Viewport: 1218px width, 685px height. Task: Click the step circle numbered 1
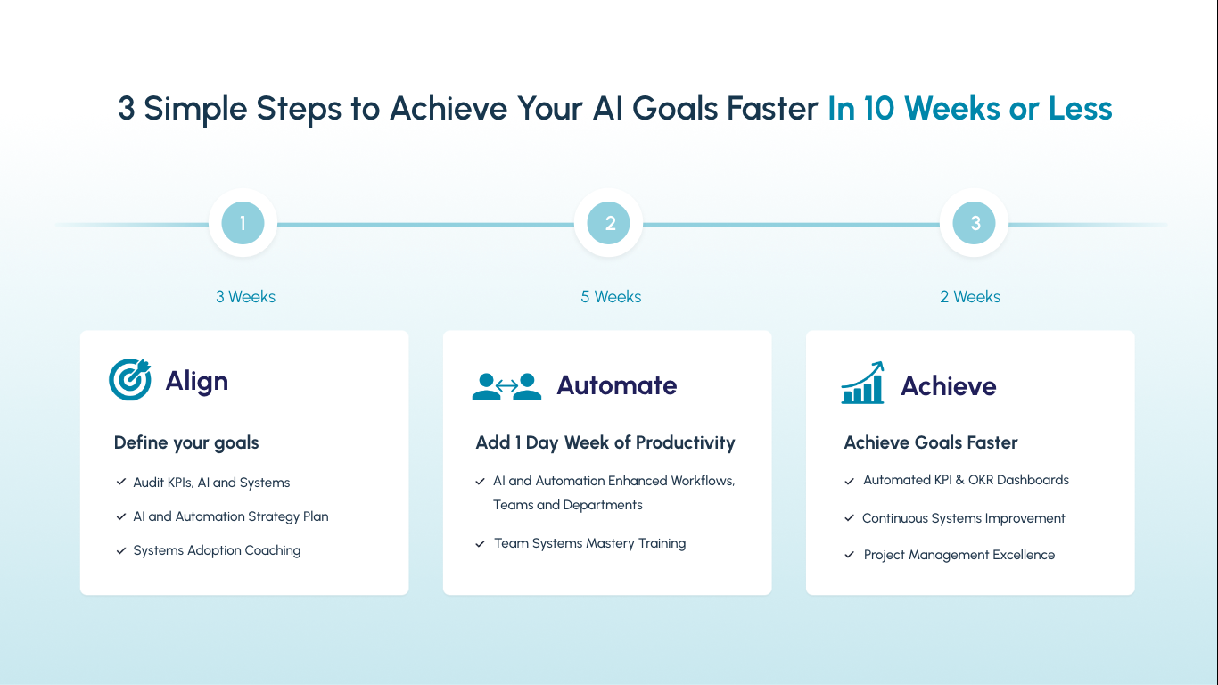[x=243, y=223]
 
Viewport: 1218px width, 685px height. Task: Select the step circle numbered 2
[x=608, y=223]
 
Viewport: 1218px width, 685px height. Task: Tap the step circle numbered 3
[x=974, y=223]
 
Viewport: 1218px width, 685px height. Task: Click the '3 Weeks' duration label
[x=245, y=296]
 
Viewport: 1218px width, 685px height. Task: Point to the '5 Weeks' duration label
[x=611, y=296]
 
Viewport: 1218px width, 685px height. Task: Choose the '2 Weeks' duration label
[x=970, y=296]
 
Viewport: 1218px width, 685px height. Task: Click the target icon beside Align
[x=130, y=379]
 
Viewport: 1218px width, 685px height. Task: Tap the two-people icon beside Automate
[x=506, y=386]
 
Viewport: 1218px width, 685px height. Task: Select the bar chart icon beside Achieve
[x=862, y=383]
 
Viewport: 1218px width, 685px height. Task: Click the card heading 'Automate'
[x=617, y=385]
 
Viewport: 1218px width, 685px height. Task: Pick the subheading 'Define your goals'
[x=186, y=443]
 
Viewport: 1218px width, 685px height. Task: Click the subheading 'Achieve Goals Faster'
[x=930, y=442]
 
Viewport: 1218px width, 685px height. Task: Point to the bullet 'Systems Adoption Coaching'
[x=217, y=550]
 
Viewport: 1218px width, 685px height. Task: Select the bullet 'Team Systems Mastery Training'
[x=590, y=543]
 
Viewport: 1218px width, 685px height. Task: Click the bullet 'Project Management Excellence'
[x=959, y=555]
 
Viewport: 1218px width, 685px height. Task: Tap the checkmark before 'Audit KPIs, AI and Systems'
[x=121, y=482]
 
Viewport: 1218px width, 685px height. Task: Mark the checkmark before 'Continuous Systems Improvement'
[x=850, y=517]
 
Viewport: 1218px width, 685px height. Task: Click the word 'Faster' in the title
[x=772, y=108]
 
